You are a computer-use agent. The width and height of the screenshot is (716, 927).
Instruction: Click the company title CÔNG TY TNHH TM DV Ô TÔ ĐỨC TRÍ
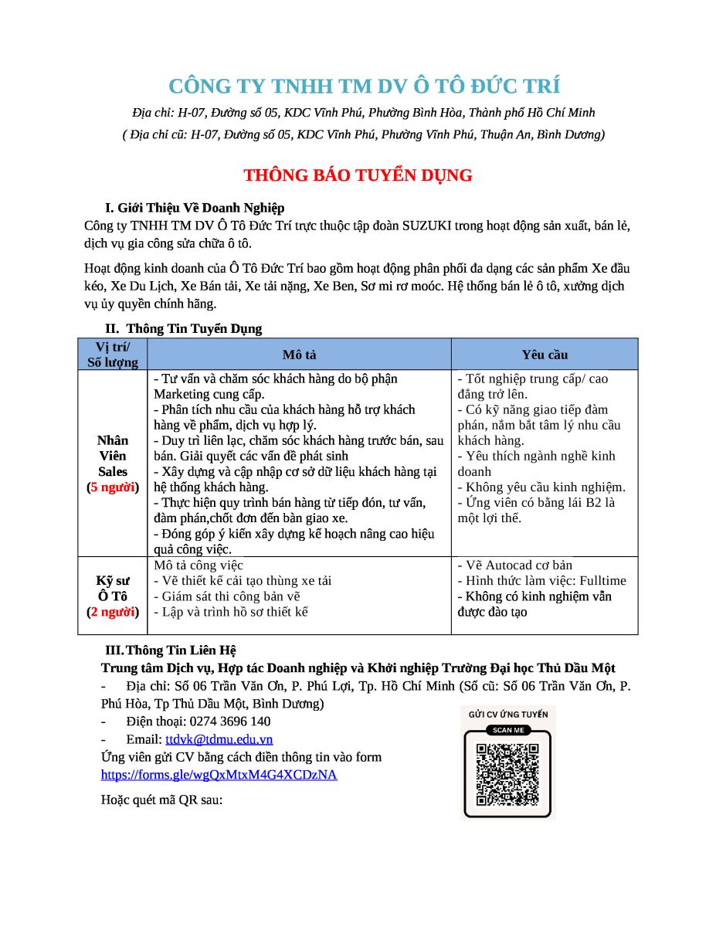(364, 85)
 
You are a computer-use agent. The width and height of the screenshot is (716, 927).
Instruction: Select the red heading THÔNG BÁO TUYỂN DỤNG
(358, 175)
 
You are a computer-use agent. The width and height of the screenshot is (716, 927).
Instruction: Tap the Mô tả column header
(299, 355)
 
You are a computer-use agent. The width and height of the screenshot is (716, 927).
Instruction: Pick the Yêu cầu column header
(545, 355)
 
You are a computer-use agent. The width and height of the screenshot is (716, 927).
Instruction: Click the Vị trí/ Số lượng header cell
(113, 355)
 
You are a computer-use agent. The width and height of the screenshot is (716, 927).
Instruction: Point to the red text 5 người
(113, 487)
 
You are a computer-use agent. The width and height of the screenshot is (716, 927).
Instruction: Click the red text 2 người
(113, 612)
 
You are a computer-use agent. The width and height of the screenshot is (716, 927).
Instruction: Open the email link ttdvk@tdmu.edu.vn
(219, 739)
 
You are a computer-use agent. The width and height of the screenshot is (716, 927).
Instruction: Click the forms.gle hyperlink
(219, 774)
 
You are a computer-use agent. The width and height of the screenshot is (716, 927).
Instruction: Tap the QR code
(507, 774)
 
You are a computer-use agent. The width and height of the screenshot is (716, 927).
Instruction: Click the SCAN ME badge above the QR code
(507, 730)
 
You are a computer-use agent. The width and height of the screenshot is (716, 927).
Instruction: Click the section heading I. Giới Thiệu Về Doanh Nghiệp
(195, 208)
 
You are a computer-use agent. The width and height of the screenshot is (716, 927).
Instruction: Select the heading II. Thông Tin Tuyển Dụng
(184, 328)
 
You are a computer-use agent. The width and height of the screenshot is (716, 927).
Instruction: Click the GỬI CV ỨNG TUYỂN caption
(507, 715)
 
